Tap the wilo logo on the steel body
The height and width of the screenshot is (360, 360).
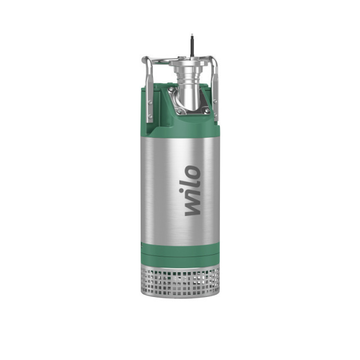pyautogui.click(x=192, y=190)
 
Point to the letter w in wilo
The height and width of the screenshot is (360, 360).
pyautogui.click(x=192, y=207)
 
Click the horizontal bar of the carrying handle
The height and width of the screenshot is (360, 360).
pyautogui.click(x=169, y=58)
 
